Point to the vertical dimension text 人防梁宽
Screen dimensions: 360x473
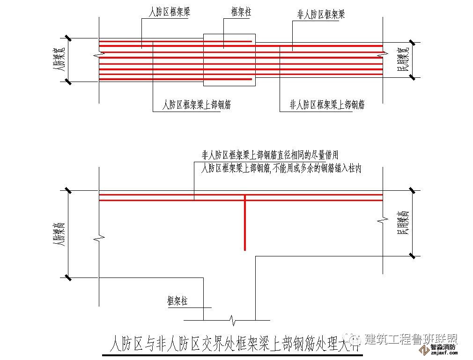click(59, 60)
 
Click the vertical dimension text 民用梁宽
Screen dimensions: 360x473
click(403, 60)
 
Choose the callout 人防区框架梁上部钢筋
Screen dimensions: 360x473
click(196, 105)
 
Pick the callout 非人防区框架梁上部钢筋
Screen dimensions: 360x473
click(327, 105)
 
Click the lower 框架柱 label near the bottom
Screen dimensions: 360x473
click(177, 301)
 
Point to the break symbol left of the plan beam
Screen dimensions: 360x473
click(98, 55)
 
